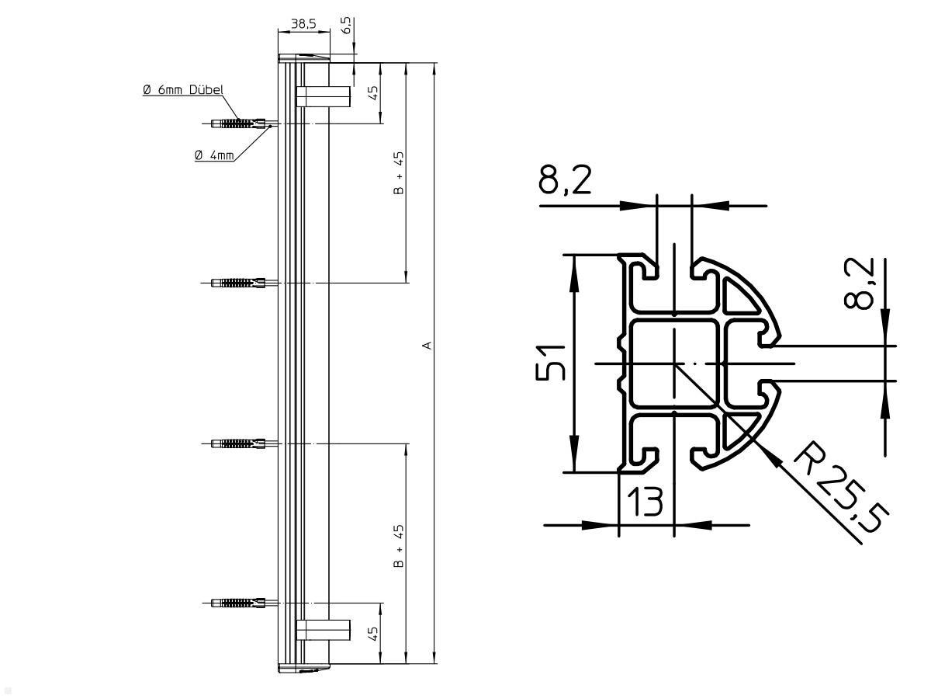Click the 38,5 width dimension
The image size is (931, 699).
pos(303,24)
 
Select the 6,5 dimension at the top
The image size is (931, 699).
pos(348,26)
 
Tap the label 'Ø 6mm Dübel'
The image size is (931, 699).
pos(183,90)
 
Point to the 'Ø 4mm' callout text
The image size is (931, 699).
pos(214,155)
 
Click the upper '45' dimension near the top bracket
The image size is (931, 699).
pos(373,92)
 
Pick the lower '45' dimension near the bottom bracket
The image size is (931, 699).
pos(373,633)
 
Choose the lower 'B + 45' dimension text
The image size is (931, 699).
pos(399,546)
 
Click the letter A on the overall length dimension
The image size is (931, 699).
pos(426,344)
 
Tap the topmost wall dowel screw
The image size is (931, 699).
pos(239,123)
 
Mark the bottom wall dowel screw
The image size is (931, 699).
pos(239,603)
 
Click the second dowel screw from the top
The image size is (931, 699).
pos(239,283)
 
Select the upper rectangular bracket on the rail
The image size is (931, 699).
pos(324,96)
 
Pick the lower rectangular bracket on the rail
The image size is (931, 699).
pos(324,628)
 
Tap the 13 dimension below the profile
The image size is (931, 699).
pos(645,503)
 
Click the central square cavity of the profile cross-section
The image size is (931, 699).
pos(674,363)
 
